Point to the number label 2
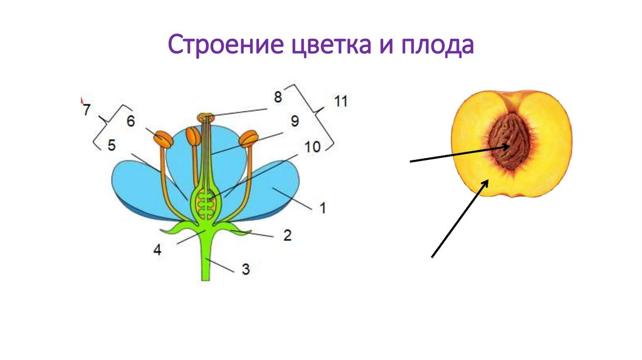click(287, 236)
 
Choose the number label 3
click(245, 270)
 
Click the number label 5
click(111, 146)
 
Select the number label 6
click(130, 121)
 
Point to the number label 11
click(341, 102)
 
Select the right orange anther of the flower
click(250, 137)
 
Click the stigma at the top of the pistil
click(205, 117)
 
